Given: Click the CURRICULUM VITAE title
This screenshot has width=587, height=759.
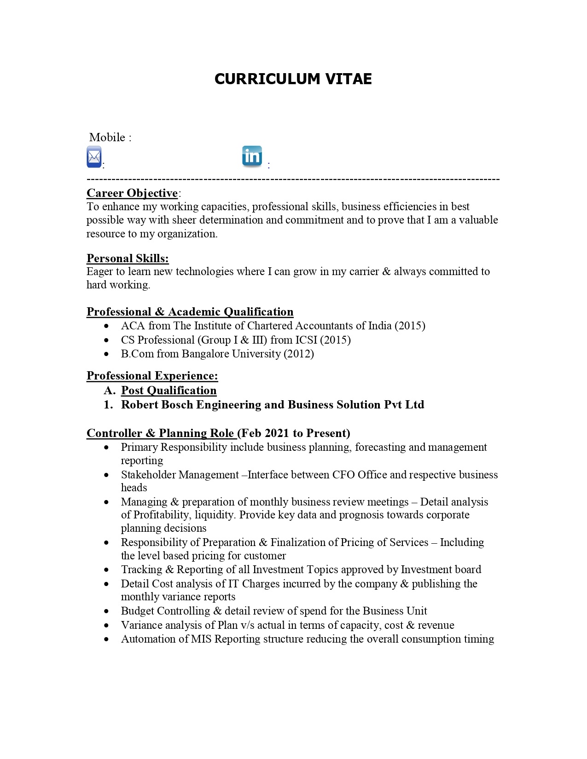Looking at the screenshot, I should tap(293, 79).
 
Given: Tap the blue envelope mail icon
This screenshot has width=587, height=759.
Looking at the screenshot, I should tap(94, 157).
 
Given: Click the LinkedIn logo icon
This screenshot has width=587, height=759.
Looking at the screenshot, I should tap(252, 156).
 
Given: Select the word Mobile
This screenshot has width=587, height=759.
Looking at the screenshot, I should tap(107, 137).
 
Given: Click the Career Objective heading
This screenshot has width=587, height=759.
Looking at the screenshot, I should tap(132, 193).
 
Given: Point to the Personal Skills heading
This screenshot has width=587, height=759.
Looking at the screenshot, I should tap(128, 259).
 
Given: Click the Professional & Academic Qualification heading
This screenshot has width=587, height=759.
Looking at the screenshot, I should tap(190, 312).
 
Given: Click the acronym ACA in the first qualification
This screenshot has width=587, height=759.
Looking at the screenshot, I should tap(133, 326).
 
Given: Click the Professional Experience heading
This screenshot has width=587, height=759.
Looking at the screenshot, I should tap(152, 376).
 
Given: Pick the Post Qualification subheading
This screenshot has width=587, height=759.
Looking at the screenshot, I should tap(169, 391).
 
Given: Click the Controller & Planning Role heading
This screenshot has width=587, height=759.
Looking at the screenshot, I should tap(161, 433).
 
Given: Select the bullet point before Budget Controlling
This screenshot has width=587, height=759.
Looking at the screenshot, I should tap(107, 611).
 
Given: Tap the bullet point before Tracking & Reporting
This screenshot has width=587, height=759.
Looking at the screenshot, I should tap(107, 570).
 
